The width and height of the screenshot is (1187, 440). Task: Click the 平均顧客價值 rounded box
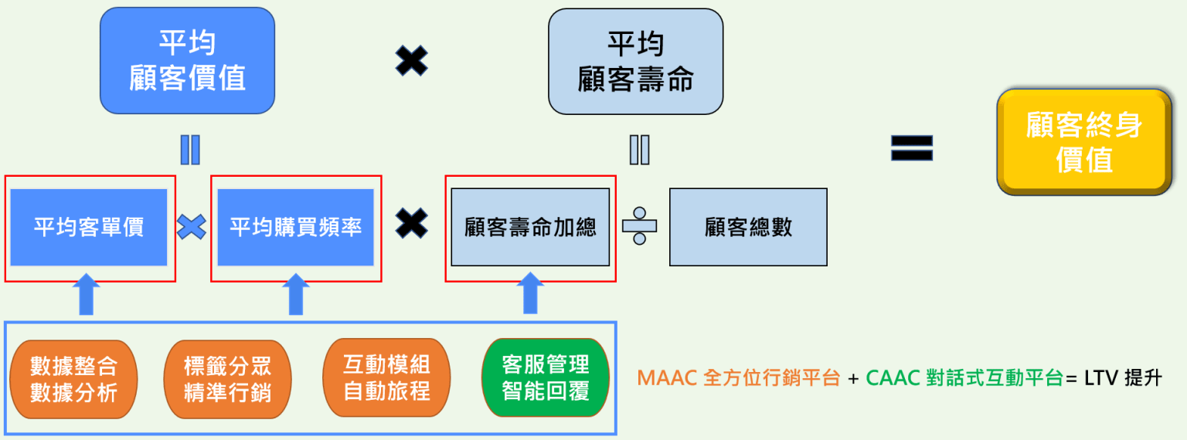click(x=187, y=61)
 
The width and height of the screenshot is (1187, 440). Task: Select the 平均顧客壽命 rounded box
click(x=635, y=62)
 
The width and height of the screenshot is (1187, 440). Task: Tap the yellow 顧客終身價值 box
click(x=1083, y=141)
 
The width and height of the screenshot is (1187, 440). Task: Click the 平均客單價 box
click(x=89, y=228)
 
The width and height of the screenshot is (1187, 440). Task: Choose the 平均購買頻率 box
click(x=296, y=228)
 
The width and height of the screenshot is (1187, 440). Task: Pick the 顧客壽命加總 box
click(x=530, y=228)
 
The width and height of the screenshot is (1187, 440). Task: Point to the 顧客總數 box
click(x=748, y=228)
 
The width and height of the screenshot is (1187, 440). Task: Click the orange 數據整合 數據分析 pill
click(x=73, y=379)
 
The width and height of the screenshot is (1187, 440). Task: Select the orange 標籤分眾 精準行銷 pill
click(x=227, y=379)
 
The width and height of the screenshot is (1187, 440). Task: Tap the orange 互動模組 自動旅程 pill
click(x=386, y=377)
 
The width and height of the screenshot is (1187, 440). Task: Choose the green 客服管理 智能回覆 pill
click(x=545, y=377)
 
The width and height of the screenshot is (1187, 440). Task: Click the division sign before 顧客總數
click(x=639, y=226)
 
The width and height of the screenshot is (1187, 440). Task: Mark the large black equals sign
click(x=912, y=147)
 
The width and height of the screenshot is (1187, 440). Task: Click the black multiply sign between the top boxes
click(x=411, y=61)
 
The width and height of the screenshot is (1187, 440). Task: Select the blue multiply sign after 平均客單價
click(x=192, y=227)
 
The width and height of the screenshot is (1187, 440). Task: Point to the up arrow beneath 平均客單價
click(x=86, y=294)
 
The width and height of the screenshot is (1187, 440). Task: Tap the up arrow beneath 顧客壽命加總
click(x=530, y=294)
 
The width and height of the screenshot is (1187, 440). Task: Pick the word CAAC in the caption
click(x=893, y=378)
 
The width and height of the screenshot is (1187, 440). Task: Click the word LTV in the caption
click(x=1100, y=378)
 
